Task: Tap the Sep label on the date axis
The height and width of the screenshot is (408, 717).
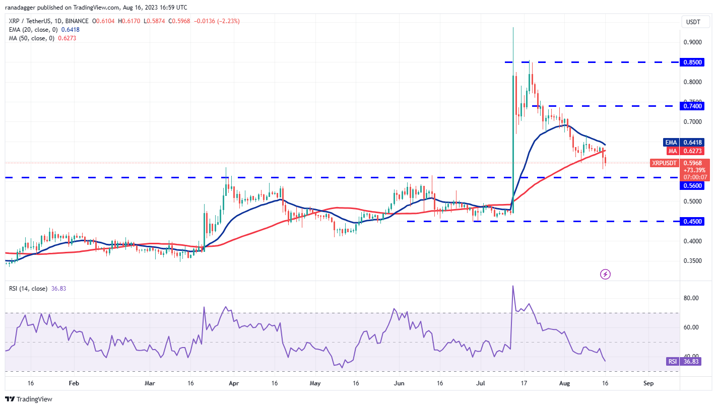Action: tap(648, 383)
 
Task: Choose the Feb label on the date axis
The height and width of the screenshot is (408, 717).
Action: tap(74, 383)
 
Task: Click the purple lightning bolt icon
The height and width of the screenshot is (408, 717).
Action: tap(606, 274)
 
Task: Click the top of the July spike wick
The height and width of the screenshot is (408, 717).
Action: tap(513, 28)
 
